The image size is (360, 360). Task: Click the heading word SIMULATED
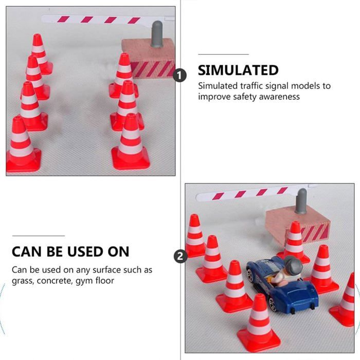coord(238,70)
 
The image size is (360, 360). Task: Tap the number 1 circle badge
coord(179,76)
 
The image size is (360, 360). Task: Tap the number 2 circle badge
coord(179,256)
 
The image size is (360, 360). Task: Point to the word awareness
coord(280,97)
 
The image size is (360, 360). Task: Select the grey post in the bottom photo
coord(301,201)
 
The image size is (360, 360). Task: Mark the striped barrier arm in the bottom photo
coord(247,193)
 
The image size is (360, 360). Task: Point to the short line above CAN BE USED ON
coord(38,236)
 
